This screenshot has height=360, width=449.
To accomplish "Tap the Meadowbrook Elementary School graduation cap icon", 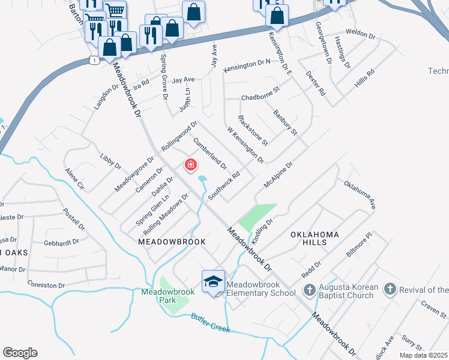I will coord(213,283).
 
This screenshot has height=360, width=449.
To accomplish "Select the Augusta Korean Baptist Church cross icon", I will coord(309,290).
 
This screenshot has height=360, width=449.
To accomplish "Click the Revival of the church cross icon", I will coord(390,290).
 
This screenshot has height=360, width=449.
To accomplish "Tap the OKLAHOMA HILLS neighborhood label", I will coord(316,238).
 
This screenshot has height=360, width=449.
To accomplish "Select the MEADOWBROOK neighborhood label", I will coord(172,242).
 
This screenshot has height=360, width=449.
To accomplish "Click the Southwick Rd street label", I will coord(224,186).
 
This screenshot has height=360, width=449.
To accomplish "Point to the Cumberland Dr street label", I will coord(209,153).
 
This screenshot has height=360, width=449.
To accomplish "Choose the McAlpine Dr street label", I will coord(277,175).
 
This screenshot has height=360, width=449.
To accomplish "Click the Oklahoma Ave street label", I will coord(360,195).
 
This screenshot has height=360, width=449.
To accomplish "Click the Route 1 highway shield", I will coord(92,60).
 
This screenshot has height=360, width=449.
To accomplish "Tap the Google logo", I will coord(20,353).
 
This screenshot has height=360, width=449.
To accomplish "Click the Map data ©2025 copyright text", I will coord(423,355).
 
